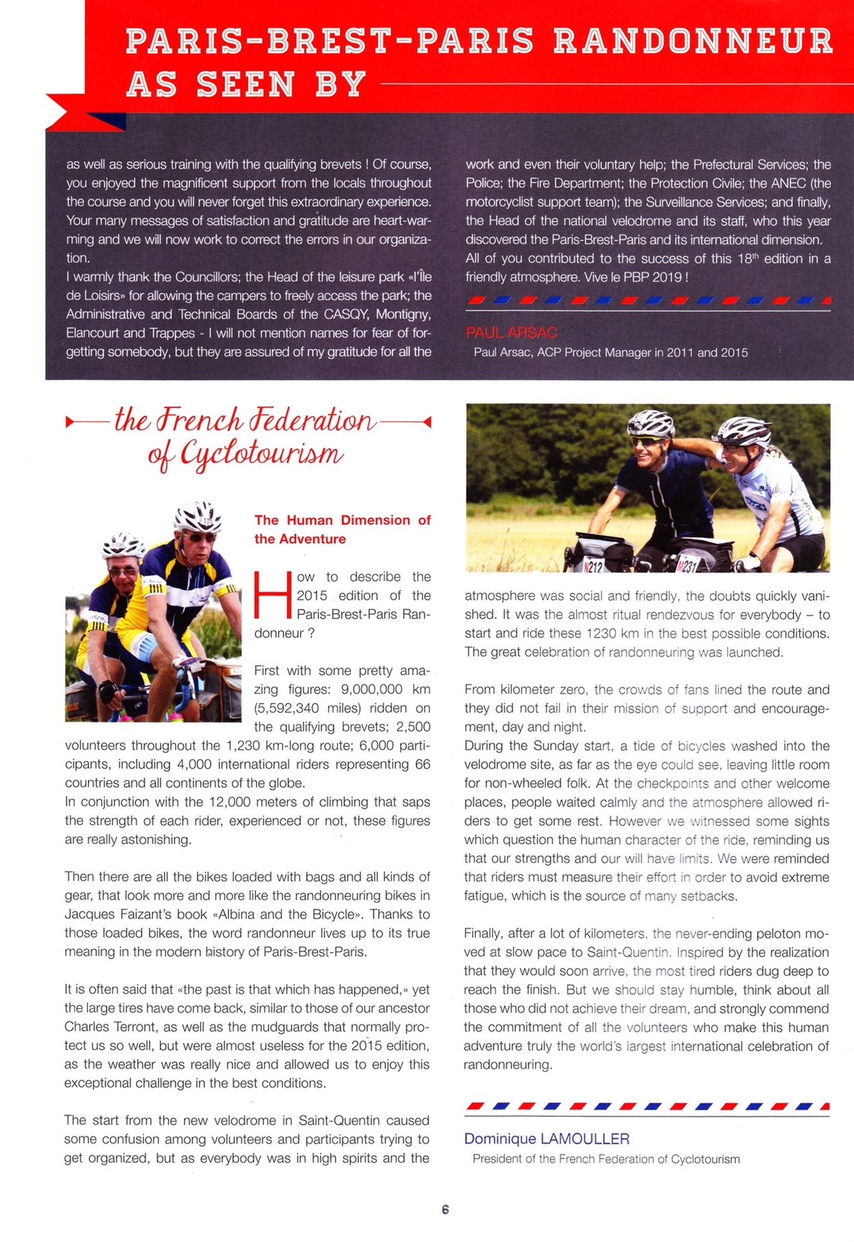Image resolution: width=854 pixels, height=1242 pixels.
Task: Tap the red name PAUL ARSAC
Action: click(x=511, y=333)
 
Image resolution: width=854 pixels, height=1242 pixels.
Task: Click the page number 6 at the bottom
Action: click(x=445, y=1209)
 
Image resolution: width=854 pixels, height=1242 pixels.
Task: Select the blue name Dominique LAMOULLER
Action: click(x=547, y=1139)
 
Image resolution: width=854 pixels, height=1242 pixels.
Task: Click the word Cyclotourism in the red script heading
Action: click(x=261, y=454)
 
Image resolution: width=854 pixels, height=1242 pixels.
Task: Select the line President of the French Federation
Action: click(x=606, y=1159)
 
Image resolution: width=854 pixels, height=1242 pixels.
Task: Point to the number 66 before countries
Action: click(x=422, y=764)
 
